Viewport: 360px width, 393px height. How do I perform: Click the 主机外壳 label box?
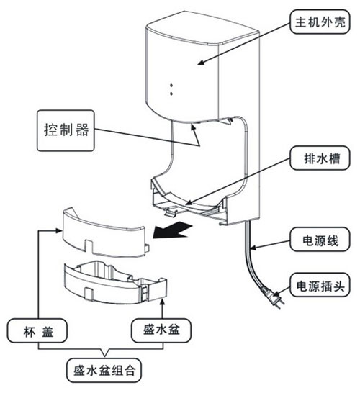pyautogui.click(x=320, y=22)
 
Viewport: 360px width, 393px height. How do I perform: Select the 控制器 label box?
pyautogui.click(x=66, y=130)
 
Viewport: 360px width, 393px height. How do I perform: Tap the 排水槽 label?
pyautogui.click(x=320, y=158)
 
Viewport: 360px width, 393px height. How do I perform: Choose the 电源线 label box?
pyautogui.click(x=320, y=240)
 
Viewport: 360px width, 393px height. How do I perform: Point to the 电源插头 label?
pyautogui.click(x=320, y=285)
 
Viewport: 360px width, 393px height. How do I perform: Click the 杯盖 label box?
pyautogui.click(x=37, y=330)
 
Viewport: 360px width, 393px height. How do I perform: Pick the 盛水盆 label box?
pyautogui.click(x=161, y=330)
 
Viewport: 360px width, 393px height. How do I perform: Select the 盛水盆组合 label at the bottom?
pyautogui.click(x=104, y=370)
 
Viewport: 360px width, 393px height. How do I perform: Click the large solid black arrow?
pyautogui.click(x=172, y=230)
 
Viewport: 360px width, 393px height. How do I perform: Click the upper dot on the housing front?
pyautogui.click(x=171, y=86)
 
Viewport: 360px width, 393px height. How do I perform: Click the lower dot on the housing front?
pyautogui.click(x=171, y=94)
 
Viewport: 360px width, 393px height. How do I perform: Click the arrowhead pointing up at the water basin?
pyautogui.click(x=163, y=302)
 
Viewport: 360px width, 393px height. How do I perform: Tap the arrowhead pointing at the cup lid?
pyautogui.click(x=58, y=230)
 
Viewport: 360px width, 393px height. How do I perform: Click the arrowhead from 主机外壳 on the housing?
pyautogui.click(x=202, y=62)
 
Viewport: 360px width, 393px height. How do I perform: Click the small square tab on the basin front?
pyautogui.click(x=89, y=293)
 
